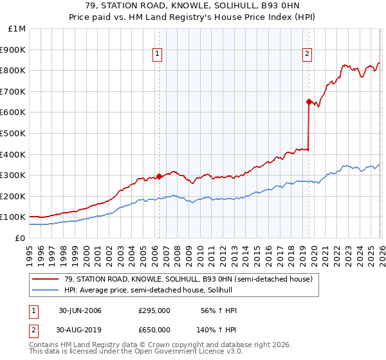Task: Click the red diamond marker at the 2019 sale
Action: point(309,102)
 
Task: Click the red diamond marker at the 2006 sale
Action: point(159,176)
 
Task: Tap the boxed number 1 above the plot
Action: point(158,55)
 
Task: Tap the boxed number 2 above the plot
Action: point(308,55)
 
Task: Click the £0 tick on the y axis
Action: point(21,238)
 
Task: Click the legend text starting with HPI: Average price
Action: point(148,291)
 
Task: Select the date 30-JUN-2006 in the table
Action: point(80,310)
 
